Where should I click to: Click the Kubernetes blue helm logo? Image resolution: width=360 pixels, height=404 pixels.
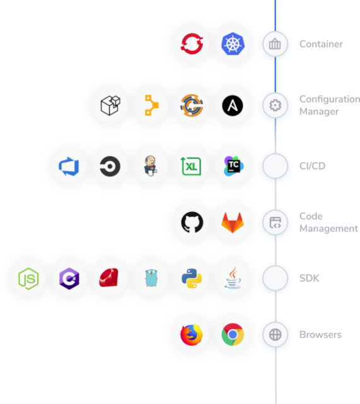coord(233,44)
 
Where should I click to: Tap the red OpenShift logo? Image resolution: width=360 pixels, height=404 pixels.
coord(192,44)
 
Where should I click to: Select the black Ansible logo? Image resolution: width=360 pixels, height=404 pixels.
coord(233,105)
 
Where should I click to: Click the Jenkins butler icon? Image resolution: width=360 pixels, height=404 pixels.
coord(151,166)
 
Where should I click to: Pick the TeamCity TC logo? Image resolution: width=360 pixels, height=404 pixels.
coord(234,166)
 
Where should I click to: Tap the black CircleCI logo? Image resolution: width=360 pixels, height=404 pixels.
coord(110,167)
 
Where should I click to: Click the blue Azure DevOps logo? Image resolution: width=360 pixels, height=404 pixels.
coord(69,167)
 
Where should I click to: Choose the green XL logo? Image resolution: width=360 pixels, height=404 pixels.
coord(191,166)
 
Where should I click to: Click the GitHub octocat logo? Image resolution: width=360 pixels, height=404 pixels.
coord(192,222)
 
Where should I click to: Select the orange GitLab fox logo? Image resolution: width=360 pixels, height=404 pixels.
coord(233,223)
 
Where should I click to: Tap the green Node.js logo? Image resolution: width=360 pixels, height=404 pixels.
coord(28,278)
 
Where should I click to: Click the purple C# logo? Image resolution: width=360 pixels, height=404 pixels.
coord(69,278)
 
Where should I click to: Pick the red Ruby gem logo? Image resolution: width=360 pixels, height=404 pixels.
coord(109,278)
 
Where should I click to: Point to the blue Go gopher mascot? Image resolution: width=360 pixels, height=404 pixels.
coord(151,278)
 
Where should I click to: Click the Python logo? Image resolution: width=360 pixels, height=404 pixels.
coord(192,278)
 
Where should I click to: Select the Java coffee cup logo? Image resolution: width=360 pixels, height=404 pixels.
coord(233,278)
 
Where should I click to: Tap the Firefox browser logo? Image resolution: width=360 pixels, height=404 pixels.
coord(192,335)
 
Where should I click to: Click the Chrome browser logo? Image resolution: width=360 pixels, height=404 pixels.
coord(233,335)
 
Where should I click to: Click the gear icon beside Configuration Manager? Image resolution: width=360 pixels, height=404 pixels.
coord(275,105)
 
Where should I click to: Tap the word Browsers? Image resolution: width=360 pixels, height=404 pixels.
coord(320,335)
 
